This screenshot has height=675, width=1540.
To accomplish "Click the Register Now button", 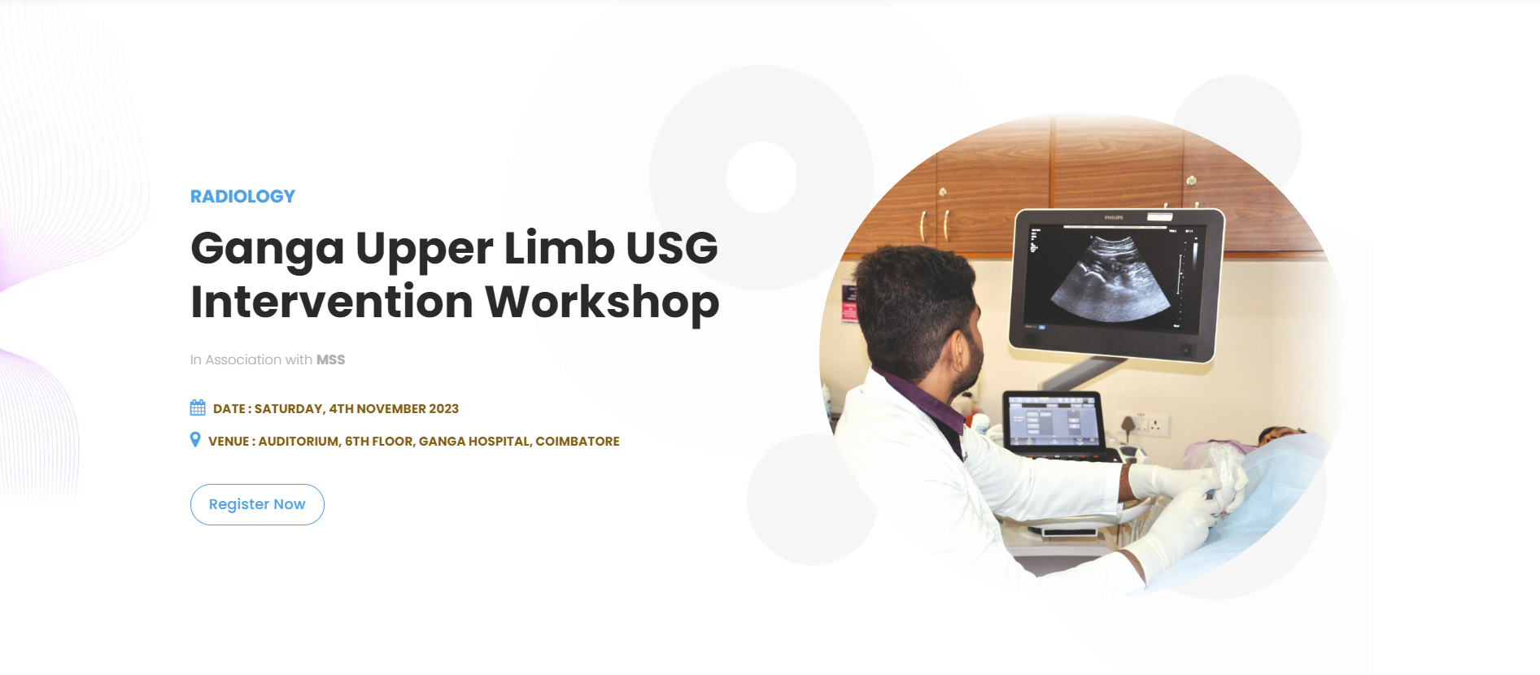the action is (257, 504).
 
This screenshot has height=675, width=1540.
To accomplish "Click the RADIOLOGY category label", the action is (242, 197).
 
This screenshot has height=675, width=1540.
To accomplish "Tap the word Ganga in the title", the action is (268, 249).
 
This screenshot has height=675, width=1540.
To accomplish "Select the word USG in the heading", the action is (672, 247).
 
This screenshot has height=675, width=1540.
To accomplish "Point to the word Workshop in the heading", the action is (602, 303).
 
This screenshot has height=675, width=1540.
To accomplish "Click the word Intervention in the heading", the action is (332, 302).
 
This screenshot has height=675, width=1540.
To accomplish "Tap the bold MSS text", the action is (330, 359).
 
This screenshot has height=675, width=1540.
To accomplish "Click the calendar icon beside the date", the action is (198, 407).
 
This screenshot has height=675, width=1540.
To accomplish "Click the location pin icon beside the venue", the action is (195, 440).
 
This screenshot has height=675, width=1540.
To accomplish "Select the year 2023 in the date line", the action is (444, 409).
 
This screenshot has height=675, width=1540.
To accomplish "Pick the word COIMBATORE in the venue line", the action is (578, 442).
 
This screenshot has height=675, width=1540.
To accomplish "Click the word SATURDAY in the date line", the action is (290, 409).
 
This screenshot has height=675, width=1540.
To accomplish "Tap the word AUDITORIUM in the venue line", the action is (299, 442).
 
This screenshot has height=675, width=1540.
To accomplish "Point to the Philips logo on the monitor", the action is (1114, 217).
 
